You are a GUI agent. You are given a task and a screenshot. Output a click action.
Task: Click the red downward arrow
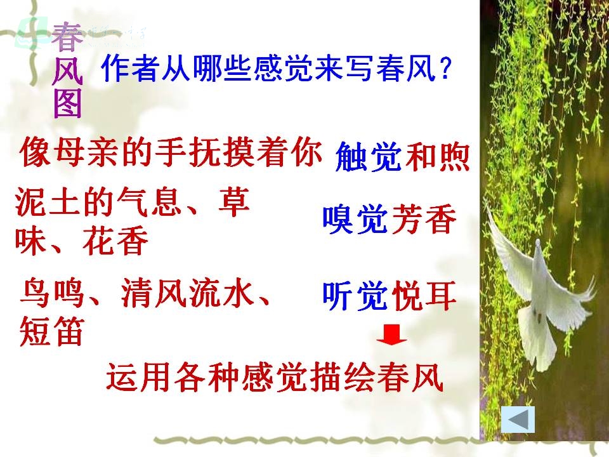click(x=391, y=335)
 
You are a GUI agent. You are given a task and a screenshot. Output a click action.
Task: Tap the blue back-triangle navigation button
click(x=518, y=420)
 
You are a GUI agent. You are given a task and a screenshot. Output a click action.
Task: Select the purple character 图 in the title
click(x=68, y=103)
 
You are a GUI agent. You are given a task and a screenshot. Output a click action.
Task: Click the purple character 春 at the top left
click(x=67, y=37)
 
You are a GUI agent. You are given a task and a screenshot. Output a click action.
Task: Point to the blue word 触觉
click(x=368, y=157)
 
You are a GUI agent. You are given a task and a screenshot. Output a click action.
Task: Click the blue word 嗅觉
click(x=355, y=220)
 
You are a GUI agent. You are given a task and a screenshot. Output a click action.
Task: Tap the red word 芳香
click(x=423, y=220)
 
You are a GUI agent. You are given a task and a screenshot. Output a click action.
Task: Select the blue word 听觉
click(x=355, y=296)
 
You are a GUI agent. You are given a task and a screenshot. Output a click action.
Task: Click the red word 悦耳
click(x=423, y=296)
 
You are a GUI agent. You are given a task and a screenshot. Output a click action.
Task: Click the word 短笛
click(x=51, y=331)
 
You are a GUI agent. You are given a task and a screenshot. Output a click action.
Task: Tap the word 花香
click(x=115, y=241)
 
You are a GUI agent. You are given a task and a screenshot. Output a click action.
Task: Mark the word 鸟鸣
click(x=53, y=293)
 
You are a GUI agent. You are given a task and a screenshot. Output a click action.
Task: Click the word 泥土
click(x=49, y=203)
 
